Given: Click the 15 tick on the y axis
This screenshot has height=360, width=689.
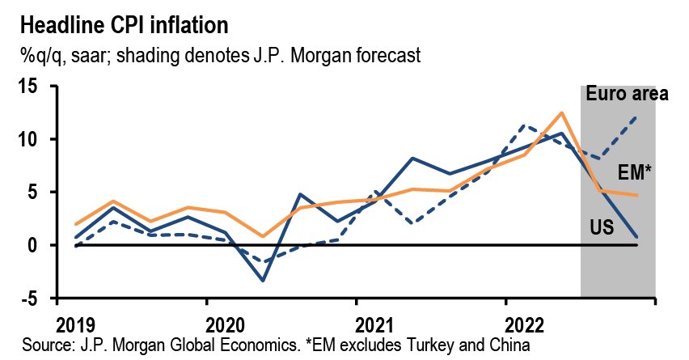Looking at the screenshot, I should click(x=28, y=87).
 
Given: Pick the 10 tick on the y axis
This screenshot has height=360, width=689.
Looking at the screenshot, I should click(x=28, y=139).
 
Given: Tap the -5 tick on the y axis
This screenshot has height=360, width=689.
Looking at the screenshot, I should click(x=30, y=299).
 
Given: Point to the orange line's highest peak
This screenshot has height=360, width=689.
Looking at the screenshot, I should click(x=560, y=112).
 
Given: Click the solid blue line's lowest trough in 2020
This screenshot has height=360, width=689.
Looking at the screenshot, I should click(x=263, y=281).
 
